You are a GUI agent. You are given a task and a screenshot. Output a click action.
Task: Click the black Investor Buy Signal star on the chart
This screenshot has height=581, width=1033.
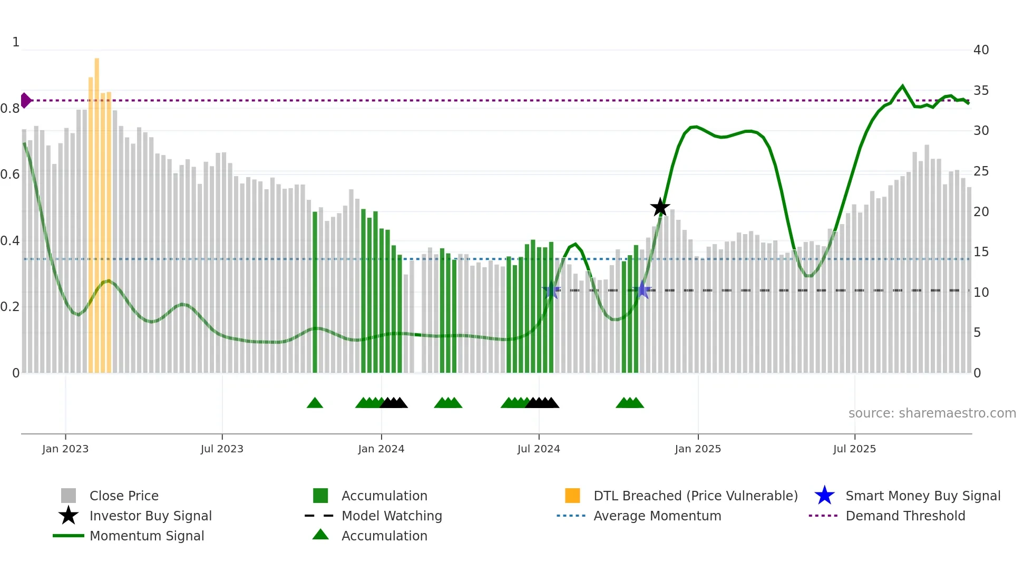point(660,207)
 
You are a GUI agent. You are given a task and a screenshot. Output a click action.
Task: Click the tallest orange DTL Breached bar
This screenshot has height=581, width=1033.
point(97,211)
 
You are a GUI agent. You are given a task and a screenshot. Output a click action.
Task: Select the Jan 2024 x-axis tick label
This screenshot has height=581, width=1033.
point(381,449)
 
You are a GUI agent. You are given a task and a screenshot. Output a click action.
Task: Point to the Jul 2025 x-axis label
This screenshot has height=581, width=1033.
point(854,449)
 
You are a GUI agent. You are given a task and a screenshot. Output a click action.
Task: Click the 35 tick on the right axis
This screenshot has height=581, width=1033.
point(981,91)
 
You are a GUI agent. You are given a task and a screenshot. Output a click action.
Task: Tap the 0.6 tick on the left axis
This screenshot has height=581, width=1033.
point(10,175)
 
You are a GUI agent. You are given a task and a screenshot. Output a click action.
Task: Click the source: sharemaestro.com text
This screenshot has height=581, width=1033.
point(932,413)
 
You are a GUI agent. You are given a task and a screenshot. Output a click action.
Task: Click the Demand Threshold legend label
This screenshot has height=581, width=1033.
point(905,516)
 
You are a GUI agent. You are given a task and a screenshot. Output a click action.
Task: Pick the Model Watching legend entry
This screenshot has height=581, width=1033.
point(391,516)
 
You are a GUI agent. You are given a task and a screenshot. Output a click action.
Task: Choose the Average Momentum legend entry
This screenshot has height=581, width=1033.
point(657,516)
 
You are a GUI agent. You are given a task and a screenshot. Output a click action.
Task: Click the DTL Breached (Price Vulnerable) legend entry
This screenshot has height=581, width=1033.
point(695,496)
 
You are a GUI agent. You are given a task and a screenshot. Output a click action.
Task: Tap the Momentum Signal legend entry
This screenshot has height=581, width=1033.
point(147,536)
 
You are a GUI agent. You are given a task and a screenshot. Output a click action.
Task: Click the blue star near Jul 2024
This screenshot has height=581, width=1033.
point(551,290)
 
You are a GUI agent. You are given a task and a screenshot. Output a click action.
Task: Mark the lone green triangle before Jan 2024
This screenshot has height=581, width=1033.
point(315,403)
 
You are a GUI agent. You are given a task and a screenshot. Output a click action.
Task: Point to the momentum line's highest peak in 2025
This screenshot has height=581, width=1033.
point(902,86)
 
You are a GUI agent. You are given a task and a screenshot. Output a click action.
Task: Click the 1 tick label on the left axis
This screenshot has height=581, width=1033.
point(16,42)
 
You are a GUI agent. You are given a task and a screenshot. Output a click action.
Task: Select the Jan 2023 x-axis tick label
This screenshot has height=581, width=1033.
point(65,449)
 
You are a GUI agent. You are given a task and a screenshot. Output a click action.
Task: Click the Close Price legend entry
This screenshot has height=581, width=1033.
point(123,496)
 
